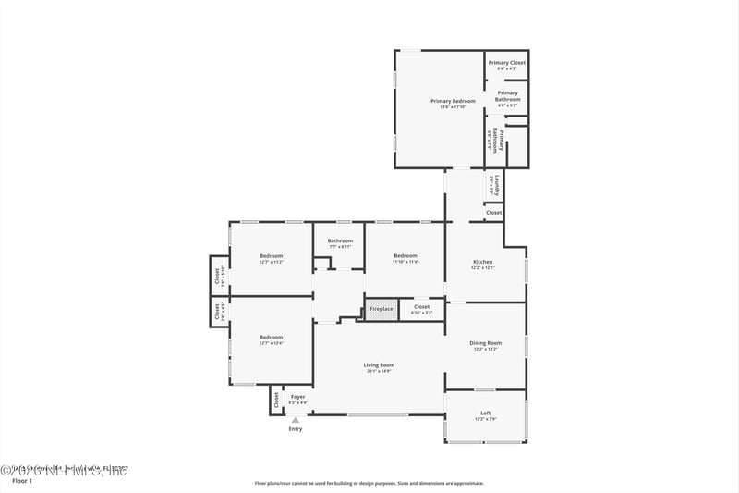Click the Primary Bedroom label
453,100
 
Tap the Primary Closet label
506,63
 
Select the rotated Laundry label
497,185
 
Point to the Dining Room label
485,343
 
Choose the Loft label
485,413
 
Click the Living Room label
379,364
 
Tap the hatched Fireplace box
382,308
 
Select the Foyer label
297,397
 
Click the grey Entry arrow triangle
296,419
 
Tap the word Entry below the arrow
296,429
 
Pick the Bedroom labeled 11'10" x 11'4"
406,256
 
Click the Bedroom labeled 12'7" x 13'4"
271,337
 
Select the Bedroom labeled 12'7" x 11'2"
271,256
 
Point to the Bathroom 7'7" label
340,240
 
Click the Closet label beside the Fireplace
421,306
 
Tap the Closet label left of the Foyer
276,400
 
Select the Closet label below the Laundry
494,213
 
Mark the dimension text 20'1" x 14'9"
379,371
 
